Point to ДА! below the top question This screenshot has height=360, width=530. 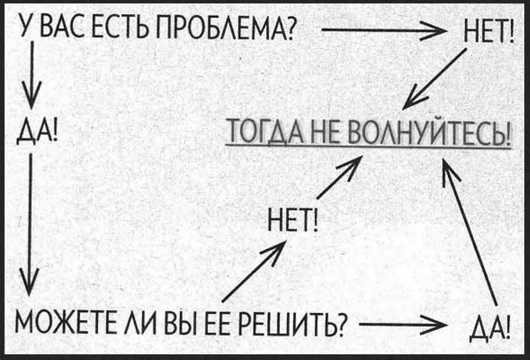(35, 134)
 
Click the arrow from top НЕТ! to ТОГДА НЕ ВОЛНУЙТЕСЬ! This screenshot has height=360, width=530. (435, 79)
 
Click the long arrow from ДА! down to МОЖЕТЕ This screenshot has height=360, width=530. (29, 225)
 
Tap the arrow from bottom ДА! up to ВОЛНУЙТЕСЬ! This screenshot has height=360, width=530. (471, 231)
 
